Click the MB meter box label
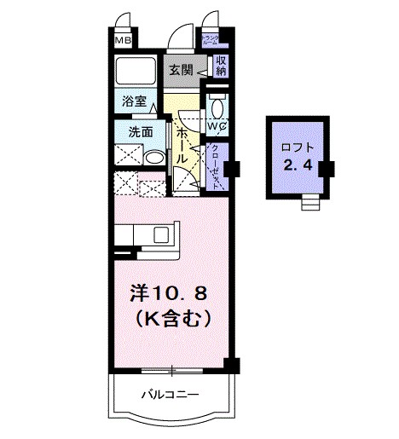click(124, 39)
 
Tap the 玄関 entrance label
click(179, 70)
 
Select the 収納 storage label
click(220, 66)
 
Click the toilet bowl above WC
click(215, 107)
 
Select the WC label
click(216, 129)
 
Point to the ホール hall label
click(182, 142)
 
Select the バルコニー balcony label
click(170, 396)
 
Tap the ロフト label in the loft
click(295, 146)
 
